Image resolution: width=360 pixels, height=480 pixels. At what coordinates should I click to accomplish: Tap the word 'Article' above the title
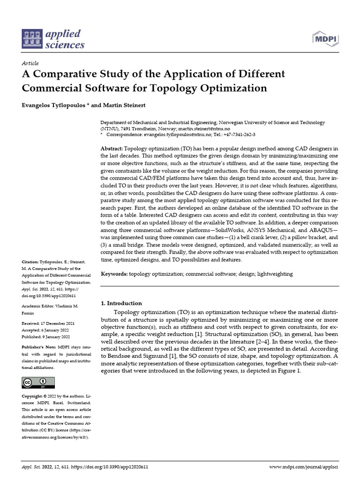30,63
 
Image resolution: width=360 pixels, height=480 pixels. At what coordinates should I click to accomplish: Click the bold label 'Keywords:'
114,274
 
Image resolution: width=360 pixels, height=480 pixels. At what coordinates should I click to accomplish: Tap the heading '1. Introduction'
121,303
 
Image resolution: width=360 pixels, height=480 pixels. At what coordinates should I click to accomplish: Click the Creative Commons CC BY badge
35,383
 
